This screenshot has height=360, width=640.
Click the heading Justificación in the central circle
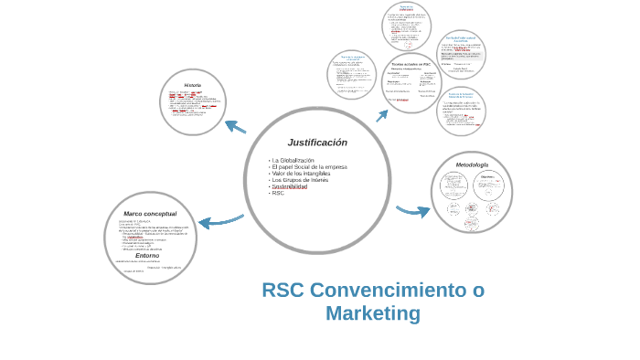click(x=317, y=143)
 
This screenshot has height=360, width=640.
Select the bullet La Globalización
click(x=293, y=161)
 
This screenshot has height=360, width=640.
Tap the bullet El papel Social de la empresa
click(x=309, y=167)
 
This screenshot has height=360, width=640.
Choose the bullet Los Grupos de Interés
click(x=299, y=180)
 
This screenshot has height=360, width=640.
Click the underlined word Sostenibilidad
click(x=289, y=186)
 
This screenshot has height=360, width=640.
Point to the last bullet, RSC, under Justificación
click(x=278, y=193)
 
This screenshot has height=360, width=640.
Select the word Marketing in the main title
click(x=373, y=313)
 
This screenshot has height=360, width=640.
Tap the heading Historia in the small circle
click(x=192, y=85)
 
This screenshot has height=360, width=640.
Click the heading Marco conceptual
click(x=150, y=214)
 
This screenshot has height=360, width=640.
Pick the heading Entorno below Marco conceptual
click(x=147, y=256)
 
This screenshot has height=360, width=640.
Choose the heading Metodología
click(x=472, y=164)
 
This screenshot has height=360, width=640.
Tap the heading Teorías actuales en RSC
click(x=411, y=64)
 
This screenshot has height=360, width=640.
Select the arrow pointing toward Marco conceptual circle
click(x=219, y=221)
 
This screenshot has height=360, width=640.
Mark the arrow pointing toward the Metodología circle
click(x=414, y=210)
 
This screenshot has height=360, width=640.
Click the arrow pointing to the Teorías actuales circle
click(x=381, y=116)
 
